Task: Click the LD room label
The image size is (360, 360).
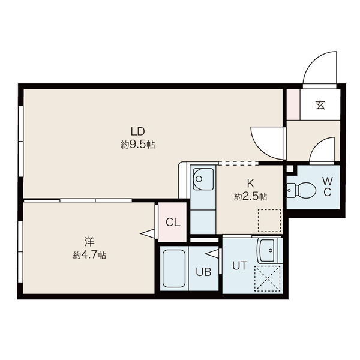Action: pyautogui.click(x=137, y=132)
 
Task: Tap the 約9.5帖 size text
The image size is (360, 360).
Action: pyautogui.click(x=137, y=145)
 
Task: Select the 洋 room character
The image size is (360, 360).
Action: pyautogui.click(x=89, y=242)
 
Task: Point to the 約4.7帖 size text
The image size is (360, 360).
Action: pyautogui.click(x=89, y=255)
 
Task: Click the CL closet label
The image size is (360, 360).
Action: pyautogui.click(x=173, y=222)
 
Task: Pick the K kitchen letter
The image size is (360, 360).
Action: pyautogui.click(x=250, y=184)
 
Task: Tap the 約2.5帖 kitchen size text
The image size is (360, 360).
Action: pyautogui.click(x=250, y=197)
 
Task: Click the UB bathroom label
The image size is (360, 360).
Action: pyautogui.click(x=203, y=272)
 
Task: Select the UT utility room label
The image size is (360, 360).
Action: pyautogui.click(x=239, y=266)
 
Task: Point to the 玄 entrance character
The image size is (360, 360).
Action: pyautogui.click(x=320, y=105)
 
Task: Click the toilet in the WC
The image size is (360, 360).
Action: pyautogui.click(x=301, y=190)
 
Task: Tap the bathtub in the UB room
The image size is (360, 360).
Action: pyautogui.click(x=174, y=268)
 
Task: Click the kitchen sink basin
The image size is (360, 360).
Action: pyautogui.click(x=203, y=179)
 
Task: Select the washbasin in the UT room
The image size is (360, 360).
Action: pyautogui.click(x=268, y=251)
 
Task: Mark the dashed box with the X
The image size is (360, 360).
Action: pyautogui.click(x=267, y=279)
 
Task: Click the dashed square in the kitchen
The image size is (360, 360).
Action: pyautogui.click(x=269, y=220)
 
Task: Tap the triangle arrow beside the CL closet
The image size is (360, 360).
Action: pyautogui.click(x=148, y=234)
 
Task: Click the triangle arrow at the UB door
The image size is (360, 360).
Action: pyautogui.click(x=212, y=254)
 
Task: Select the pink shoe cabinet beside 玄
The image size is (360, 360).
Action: pyautogui.click(x=293, y=104)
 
